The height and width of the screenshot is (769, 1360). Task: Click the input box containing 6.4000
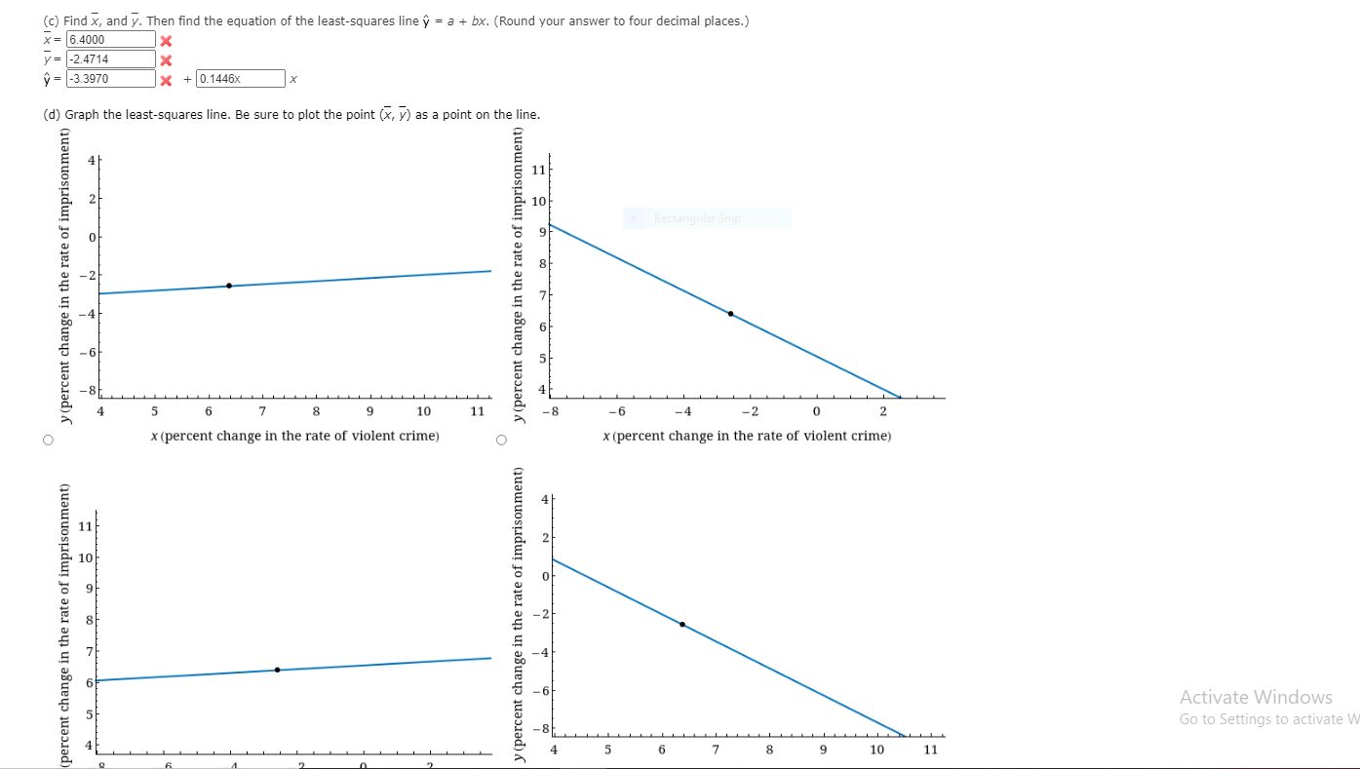[x=110, y=40]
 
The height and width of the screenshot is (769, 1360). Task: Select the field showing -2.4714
[x=110, y=59]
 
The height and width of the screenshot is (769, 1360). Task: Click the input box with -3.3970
[x=110, y=79]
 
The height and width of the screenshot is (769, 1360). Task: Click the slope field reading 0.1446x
[x=240, y=79]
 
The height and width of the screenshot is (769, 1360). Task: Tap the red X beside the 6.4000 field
[x=166, y=41]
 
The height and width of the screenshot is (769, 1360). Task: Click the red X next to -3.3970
[x=166, y=80]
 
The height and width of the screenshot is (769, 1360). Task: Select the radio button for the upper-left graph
[x=47, y=440]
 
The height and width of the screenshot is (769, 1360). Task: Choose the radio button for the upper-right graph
[x=501, y=440]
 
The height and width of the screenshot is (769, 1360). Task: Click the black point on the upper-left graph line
[x=229, y=286]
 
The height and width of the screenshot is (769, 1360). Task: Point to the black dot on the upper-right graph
[x=730, y=314]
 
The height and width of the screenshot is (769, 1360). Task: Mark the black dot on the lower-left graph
[x=278, y=670]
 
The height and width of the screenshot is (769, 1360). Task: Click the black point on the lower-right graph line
[x=682, y=624]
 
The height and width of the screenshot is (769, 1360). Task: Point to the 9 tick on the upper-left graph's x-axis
[x=369, y=411]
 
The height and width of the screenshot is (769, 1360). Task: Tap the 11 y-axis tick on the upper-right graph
[x=536, y=170]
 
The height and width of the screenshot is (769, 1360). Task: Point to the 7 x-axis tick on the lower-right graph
[x=716, y=750]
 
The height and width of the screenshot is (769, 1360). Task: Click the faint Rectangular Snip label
[x=697, y=218]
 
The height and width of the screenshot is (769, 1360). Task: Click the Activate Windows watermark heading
[x=1255, y=697]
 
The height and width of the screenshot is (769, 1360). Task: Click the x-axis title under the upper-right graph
[x=747, y=436]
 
